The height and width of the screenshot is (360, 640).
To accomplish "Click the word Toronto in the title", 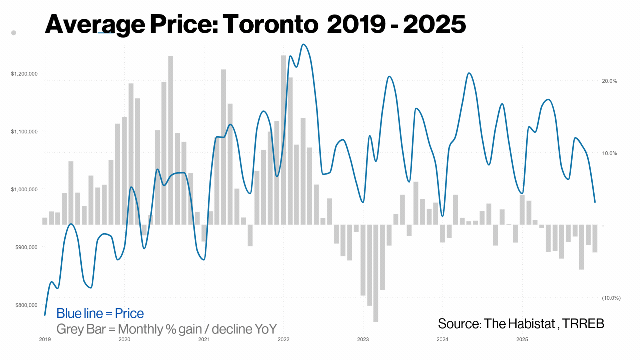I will click(270, 24).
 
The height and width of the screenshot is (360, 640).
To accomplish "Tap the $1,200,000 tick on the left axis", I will click(24, 74).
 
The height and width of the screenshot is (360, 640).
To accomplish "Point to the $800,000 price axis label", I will click(26, 305).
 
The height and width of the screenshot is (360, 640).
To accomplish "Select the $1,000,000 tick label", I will click(24, 189).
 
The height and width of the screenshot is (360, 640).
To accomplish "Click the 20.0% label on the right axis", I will click(609, 81).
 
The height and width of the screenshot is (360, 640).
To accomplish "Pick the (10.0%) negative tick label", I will click(611, 298).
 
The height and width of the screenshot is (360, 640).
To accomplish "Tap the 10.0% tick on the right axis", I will click(609, 153).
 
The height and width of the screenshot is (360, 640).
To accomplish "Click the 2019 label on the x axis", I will click(45, 339).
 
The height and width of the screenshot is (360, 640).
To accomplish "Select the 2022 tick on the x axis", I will click(284, 339).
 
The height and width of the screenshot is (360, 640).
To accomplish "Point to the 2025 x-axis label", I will click(522, 339).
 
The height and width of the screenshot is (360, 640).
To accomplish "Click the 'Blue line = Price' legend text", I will click(100, 313).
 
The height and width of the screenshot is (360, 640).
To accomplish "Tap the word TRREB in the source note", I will click(583, 324).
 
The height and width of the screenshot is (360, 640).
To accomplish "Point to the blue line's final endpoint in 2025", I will click(595, 202).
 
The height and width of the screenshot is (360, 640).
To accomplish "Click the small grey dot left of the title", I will click(14, 33).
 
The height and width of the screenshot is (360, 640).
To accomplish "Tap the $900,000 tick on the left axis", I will click(26, 247).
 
